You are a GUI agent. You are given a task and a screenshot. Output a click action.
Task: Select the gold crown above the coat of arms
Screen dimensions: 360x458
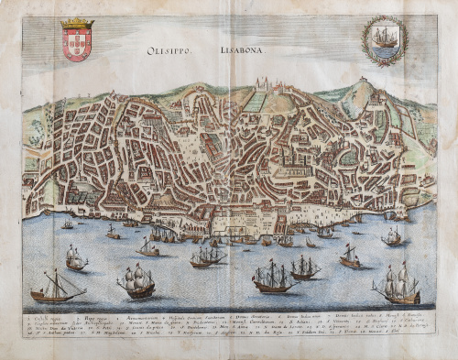pyautogui.click(x=77, y=23)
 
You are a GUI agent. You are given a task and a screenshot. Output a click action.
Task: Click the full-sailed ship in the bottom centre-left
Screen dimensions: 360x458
pyautogui.click(x=136, y=280)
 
